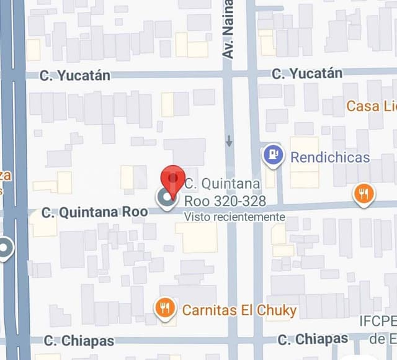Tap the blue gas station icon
pos(274,156)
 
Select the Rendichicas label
pos(330,157)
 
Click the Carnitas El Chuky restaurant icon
pos(165,308)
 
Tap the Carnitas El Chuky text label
pos(239,309)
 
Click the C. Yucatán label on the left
pos(75,76)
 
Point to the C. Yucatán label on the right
pos(306,73)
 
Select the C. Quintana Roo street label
pos(94,212)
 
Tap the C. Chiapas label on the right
pos(313,339)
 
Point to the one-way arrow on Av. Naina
pos(230,141)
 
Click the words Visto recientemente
pos(234,217)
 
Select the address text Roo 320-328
pos(225,201)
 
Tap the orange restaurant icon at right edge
pos(364,194)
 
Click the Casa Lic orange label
pos(371,106)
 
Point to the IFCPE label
pos(377,321)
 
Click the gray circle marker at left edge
pos(5,249)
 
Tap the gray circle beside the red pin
pos(166,199)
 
